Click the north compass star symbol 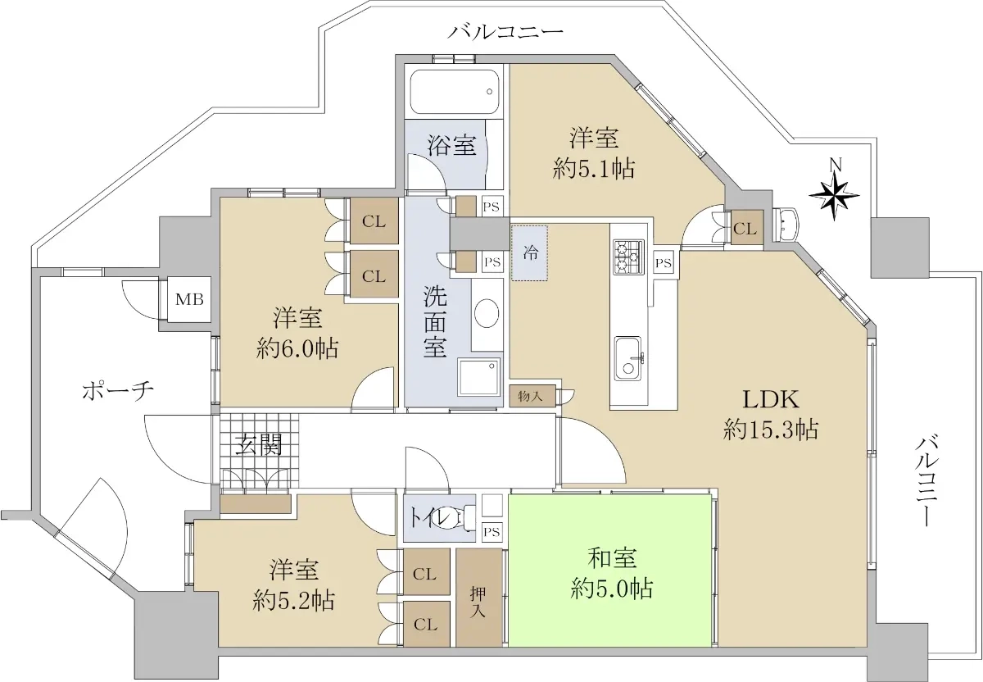click(x=834, y=195)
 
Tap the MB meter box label click(x=189, y=299)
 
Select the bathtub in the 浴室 click(x=455, y=93)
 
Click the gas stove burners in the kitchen click(x=628, y=257)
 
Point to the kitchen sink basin click(x=628, y=358)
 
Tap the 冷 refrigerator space click(x=530, y=253)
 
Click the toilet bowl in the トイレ click(x=460, y=520)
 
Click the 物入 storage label click(x=530, y=396)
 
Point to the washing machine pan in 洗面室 click(x=478, y=378)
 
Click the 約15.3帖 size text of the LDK click(x=770, y=430)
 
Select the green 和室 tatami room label click(x=611, y=558)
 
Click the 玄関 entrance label click(x=258, y=446)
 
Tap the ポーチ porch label click(x=118, y=390)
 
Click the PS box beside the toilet click(x=491, y=532)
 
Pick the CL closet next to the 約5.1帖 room click(x=747, y=229)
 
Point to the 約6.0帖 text click(x=297, y=349)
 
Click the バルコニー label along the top click(x=505, y=32)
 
